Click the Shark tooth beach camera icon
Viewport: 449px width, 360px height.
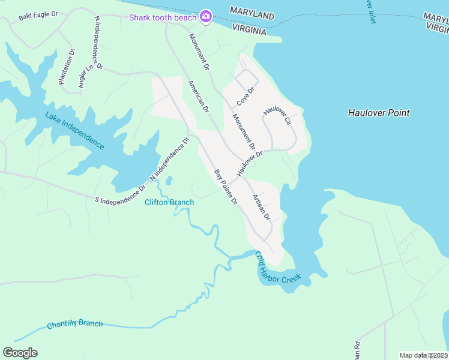206,16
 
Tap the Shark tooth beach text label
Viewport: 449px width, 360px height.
163,17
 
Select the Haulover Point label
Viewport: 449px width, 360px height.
379,113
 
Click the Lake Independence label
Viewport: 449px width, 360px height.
75,131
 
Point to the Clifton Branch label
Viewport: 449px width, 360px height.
169,202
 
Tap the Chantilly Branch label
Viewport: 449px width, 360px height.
74,325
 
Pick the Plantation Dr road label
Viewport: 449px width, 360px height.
66,67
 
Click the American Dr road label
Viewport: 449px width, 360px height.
198,97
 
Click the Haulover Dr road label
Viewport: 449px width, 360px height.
250,163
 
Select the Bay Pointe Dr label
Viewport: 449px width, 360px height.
226,187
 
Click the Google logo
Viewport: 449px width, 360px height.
20,353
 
